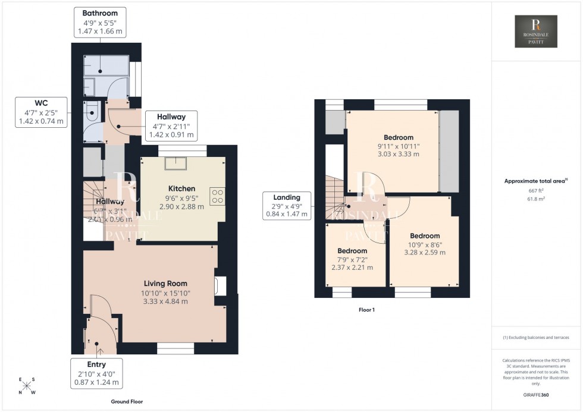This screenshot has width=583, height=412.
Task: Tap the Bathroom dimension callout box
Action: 100,23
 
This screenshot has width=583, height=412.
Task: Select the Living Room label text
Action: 165,284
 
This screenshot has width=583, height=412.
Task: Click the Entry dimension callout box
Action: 96,373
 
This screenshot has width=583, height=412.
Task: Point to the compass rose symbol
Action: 27,385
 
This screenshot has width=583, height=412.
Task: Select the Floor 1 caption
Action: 366,310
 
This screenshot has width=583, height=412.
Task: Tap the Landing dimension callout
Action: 287,206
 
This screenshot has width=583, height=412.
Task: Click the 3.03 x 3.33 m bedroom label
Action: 398,154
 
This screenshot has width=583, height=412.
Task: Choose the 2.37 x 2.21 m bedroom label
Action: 352,267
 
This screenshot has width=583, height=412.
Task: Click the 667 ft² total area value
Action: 536,190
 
